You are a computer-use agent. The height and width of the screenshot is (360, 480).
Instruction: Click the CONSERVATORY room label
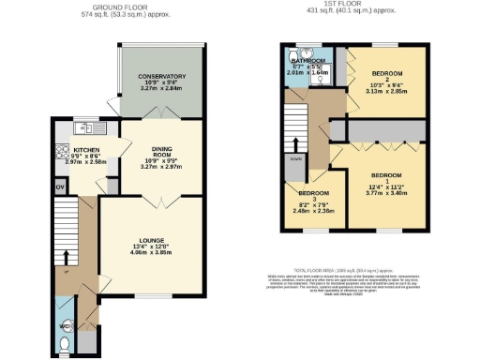pos(158,77)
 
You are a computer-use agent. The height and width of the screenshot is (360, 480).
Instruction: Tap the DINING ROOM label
pos(158,150)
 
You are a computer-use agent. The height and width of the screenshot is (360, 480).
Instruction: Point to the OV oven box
pos(60,187)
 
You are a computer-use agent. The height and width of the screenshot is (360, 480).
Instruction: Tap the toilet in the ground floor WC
pos(63,344)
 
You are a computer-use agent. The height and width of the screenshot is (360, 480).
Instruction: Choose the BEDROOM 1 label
pos(386,177)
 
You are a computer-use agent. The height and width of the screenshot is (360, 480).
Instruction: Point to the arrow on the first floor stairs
pos(296,142)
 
